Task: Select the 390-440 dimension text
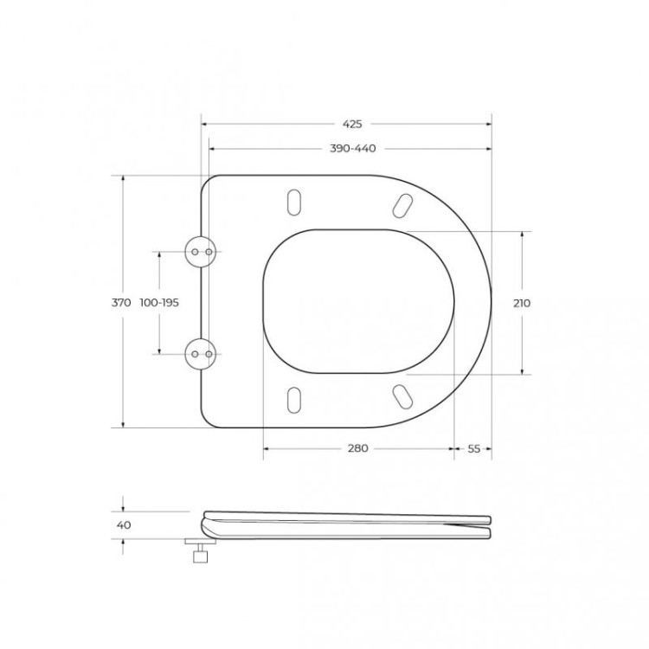351,149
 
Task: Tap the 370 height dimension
121,303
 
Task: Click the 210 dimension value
522,303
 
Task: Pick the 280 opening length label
357,448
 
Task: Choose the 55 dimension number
473,448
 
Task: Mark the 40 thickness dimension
123,525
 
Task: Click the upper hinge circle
201,251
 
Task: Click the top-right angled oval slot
402,204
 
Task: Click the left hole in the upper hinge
196,251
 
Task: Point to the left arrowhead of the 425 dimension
205,125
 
